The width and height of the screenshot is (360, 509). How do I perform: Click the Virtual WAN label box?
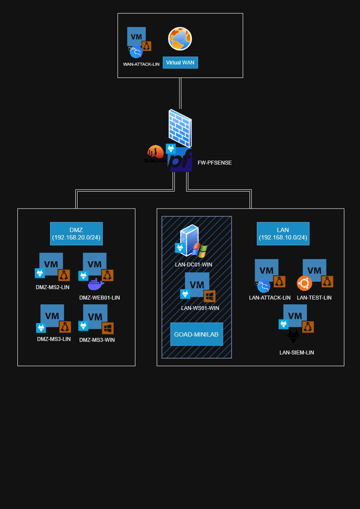(x=180, y=63)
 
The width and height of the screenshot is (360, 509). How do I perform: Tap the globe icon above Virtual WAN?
(x=180, y=39)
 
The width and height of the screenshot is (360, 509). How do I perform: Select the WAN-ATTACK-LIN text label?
(x=141, y=64)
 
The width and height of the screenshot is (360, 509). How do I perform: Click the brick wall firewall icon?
(x=180, y=128)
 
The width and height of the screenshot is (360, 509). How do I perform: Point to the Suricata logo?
(x=155, y=154)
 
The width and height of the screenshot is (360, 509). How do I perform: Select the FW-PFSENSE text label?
(x=215, y=163)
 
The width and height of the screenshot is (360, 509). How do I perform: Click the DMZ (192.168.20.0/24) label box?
(x=76, y=234)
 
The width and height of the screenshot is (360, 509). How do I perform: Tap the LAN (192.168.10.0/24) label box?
(x=283, y=234)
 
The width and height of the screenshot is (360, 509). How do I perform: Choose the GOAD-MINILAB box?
(x=197, y=334)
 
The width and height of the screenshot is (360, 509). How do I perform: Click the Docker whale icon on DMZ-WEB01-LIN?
(x=96, y=285)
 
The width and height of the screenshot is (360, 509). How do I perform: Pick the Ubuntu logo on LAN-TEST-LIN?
(x=304, y=283)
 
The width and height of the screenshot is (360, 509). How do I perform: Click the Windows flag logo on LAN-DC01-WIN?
(x=200, y=251)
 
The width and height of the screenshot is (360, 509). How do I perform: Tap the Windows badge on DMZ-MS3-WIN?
(x=108, y=328)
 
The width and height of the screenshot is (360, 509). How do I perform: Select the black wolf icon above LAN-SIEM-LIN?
(x=293, y=337)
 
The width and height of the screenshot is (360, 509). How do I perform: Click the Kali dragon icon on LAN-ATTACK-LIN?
(x=263, y=286)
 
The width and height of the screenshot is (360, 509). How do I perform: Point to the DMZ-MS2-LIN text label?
(x=53, y=287)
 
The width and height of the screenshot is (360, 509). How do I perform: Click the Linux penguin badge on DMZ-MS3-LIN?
(x=65, y=327)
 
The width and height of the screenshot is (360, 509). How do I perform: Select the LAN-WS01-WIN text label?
(x=200, y=308)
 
